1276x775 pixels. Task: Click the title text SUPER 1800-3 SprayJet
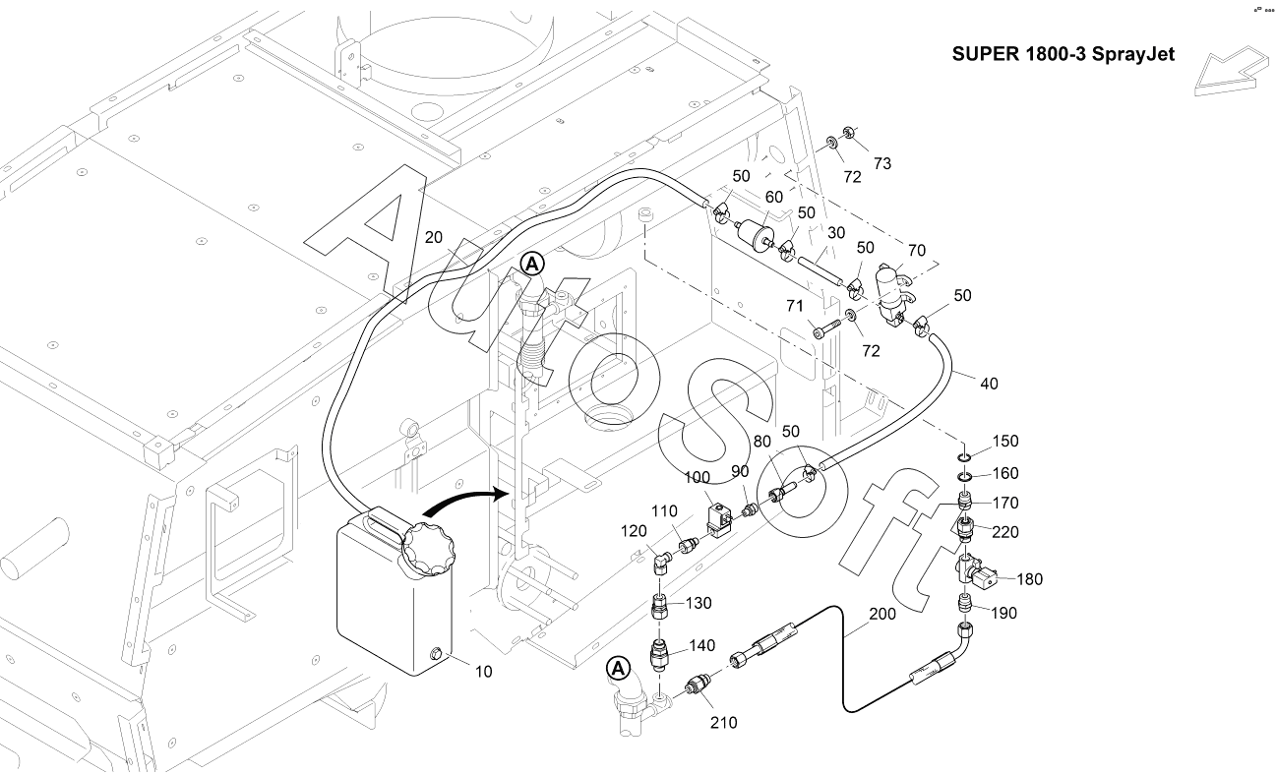click(x=1063, y=55)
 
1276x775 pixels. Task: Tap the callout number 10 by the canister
click(x=484, y=672)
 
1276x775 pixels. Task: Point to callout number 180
click(x=1029, y=579)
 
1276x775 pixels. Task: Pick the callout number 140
click(x=701, y=646)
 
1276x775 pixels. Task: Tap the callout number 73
click(x=882, y=164)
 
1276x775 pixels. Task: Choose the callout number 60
click(x=774, y=198)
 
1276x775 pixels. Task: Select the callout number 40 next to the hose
click(x=989, y=384)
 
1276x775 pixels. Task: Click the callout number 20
click(x=435, y=237)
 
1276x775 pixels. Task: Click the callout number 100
click(x=698, y=477)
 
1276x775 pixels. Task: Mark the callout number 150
click(x=1005, y=442)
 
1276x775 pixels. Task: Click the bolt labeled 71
click(x=824, y=328)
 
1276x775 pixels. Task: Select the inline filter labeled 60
click(x=760, y=232)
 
